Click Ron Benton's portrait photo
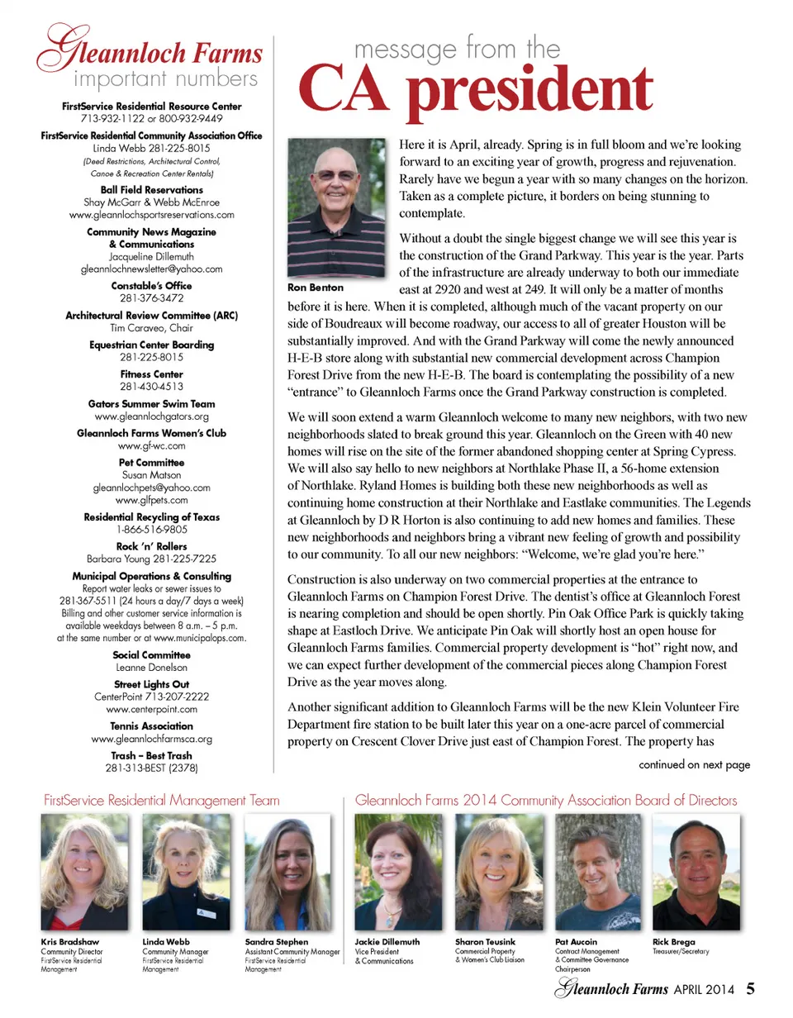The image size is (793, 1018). click(339, 208)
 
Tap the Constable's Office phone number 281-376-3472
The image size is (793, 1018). click(152, 298)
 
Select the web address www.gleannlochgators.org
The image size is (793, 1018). click(152, 416)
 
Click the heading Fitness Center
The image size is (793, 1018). click(152, 374)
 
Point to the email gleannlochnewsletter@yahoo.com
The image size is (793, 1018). click(152, 269)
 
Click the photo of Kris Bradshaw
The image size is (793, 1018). click(83, 873)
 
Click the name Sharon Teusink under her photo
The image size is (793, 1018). click(487, 941)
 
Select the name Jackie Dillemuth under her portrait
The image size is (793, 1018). click(387, 941)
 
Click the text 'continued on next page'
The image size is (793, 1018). click(694, 764)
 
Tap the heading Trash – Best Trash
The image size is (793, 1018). click(152, 755)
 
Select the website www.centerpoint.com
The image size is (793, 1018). click(152, 709)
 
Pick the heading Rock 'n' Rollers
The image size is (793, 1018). click(152, 546)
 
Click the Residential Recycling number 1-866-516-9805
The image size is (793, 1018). click(152, 529)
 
